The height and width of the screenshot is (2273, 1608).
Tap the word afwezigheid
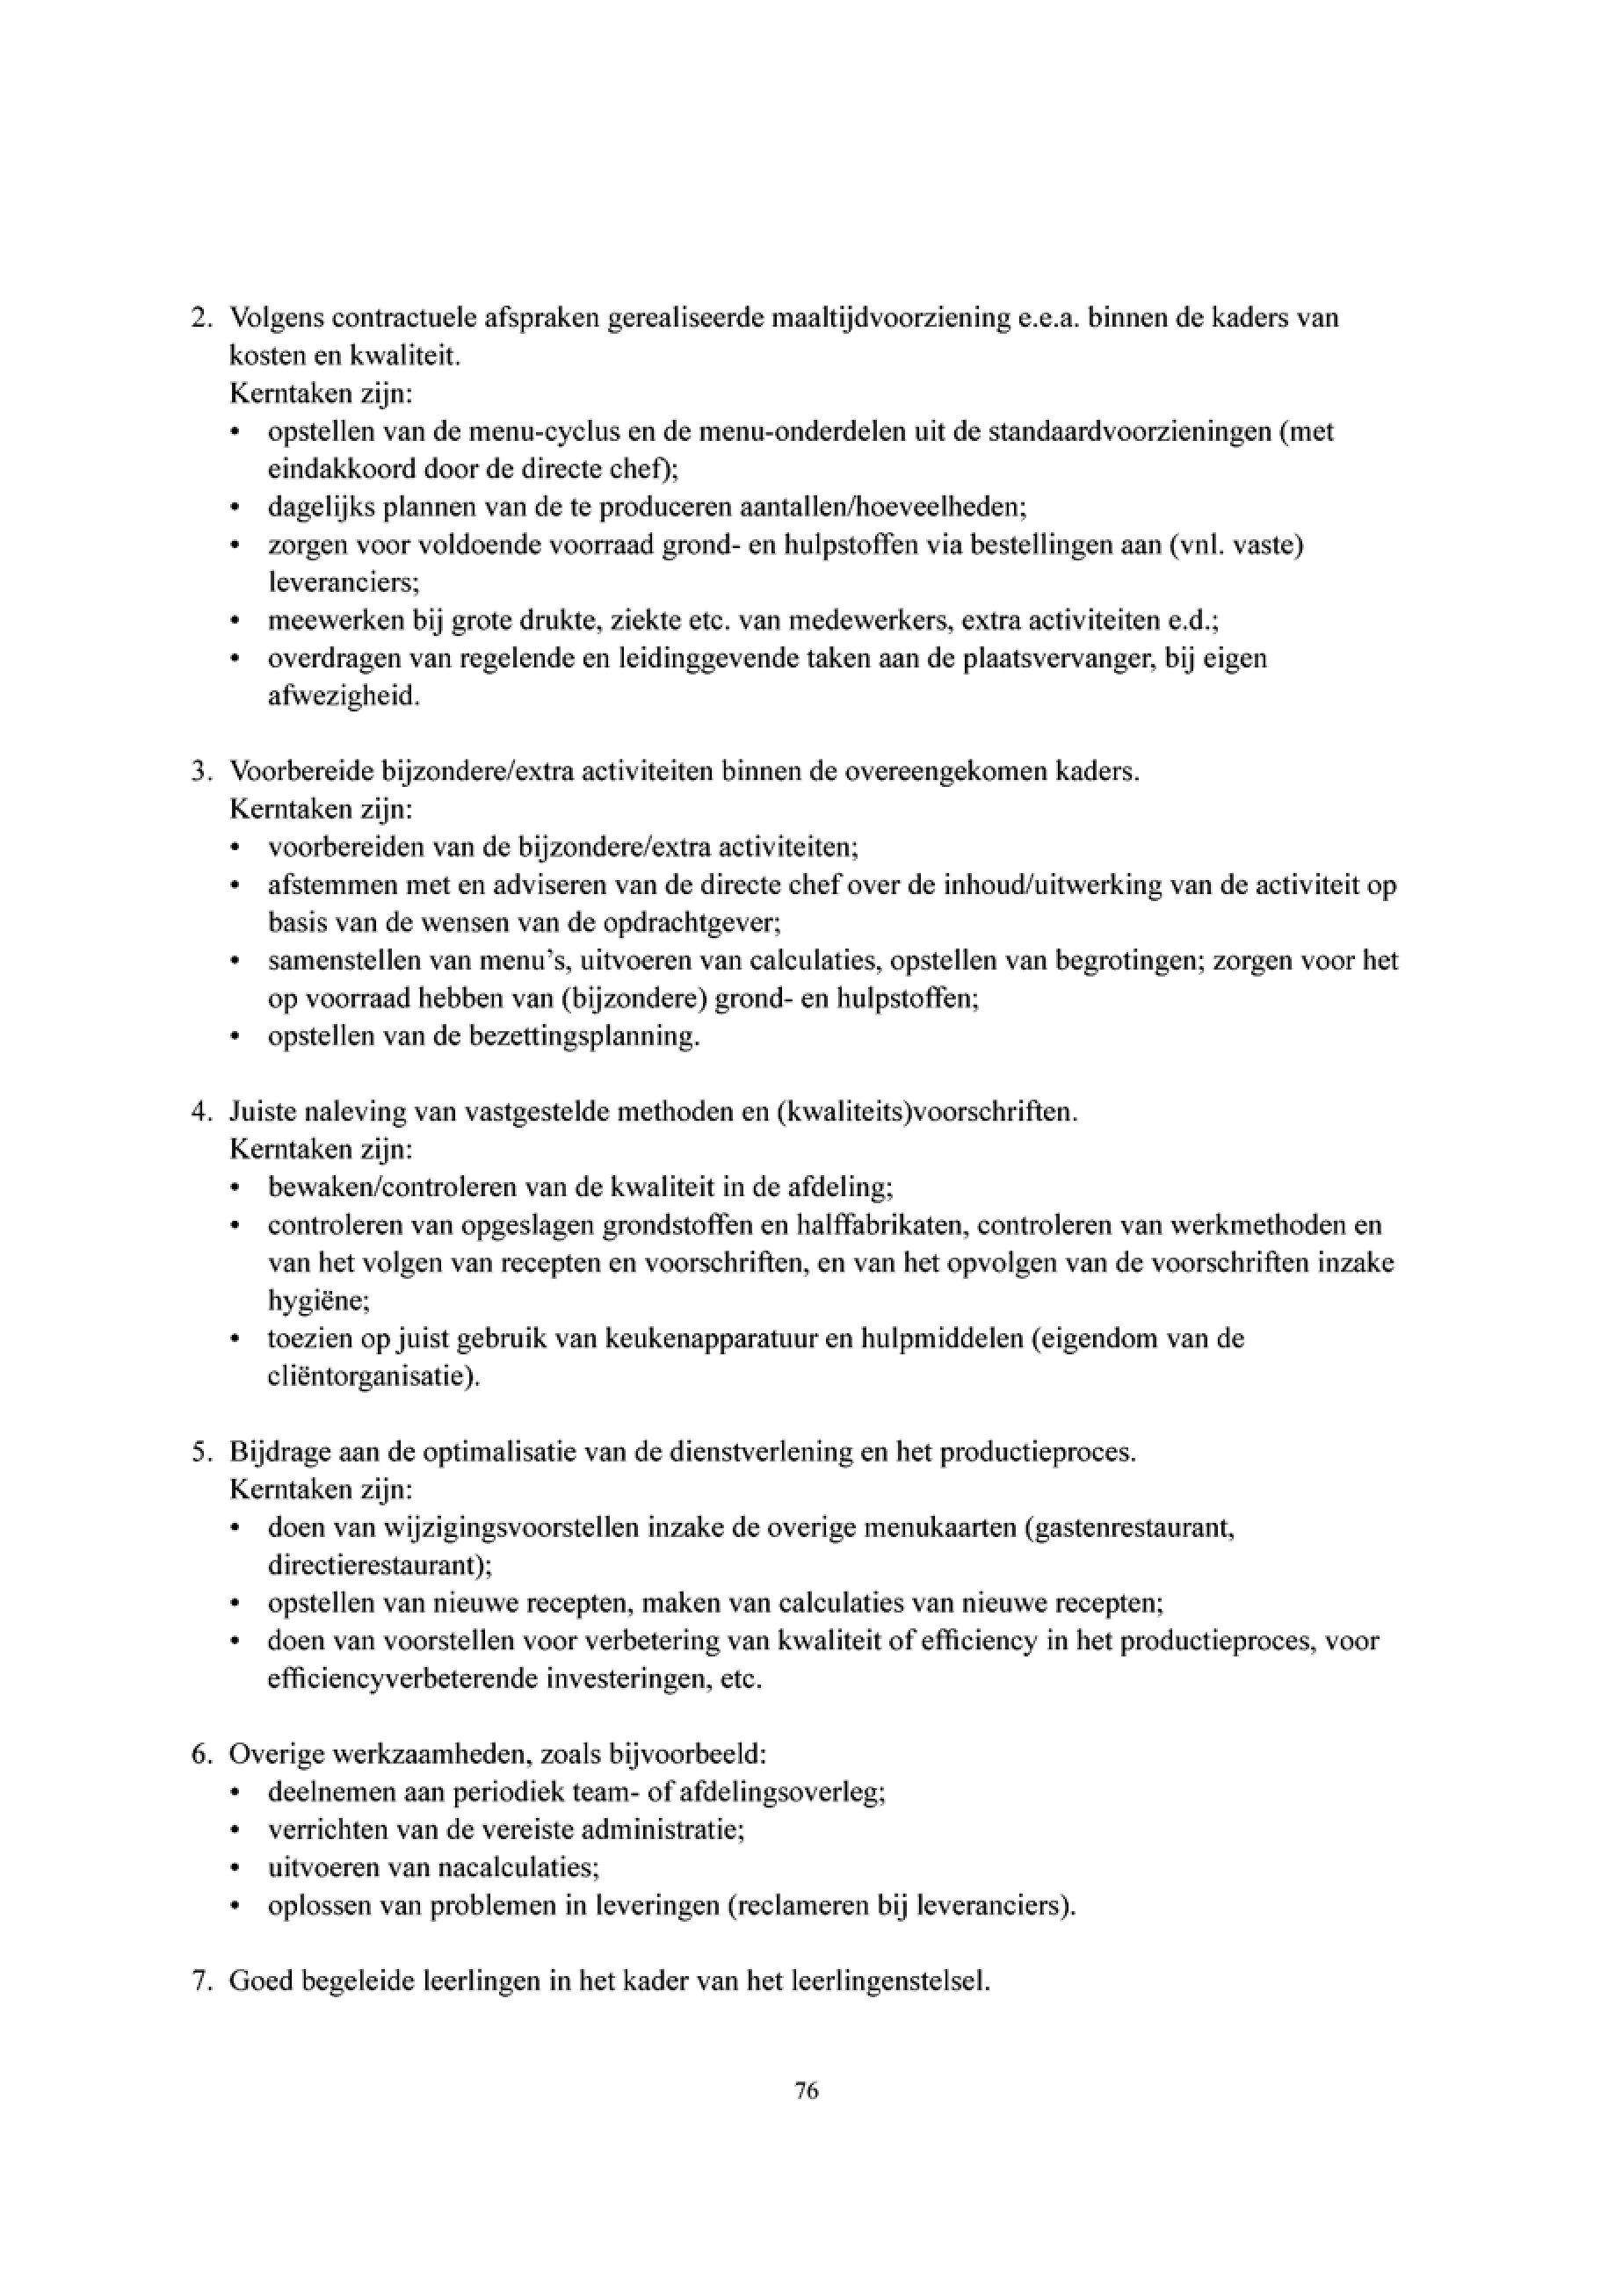[344, 697]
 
